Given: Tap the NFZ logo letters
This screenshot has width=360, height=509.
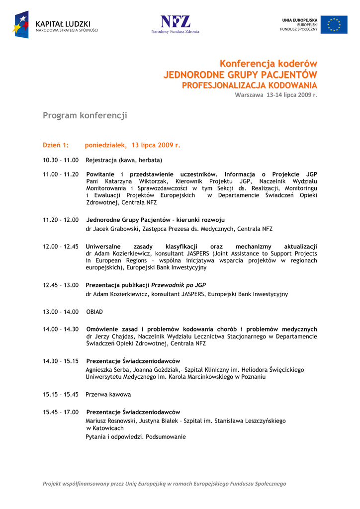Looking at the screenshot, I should coord(175,21).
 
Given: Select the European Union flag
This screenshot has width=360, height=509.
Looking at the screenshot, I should coord(334,24).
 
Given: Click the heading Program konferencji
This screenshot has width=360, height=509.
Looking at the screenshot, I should coord(85,115).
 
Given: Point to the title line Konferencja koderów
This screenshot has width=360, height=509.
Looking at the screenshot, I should coord(269,64).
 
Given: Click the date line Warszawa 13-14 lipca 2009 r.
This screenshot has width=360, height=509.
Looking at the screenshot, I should coord(276,94).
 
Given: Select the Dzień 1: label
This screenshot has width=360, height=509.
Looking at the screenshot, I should coord(55,145).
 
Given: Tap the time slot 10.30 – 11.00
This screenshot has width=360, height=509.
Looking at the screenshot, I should coord(61,160).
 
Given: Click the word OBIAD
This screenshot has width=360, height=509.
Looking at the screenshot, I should coord(94,312).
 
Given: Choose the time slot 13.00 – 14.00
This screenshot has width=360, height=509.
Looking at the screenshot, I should coord(61,312).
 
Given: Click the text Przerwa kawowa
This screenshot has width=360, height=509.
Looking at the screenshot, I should coord(108,394).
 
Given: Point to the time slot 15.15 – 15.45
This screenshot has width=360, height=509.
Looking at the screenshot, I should coord(61,394).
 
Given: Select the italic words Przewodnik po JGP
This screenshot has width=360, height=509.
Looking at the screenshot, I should coord(179,285).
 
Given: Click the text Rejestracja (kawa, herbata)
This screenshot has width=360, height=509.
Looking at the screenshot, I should coord(124,160).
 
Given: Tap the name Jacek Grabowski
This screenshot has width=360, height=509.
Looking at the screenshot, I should coord(116,229).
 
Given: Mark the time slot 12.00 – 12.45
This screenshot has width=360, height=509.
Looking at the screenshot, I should coord(61,247).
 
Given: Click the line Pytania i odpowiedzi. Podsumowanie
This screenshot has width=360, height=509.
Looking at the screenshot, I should coord(136,437).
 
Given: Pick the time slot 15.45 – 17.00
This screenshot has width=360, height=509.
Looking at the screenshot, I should coord(61,412).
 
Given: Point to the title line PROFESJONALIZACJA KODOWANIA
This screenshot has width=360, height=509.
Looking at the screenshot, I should coord(249,85).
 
